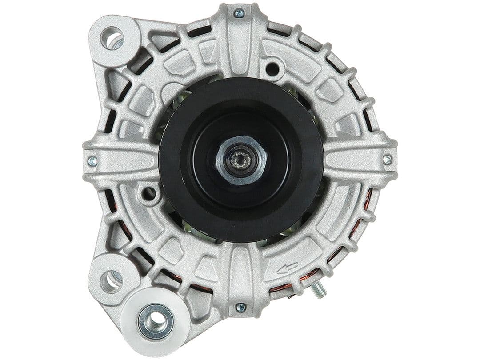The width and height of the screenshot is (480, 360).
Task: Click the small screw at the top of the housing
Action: coord(239,13)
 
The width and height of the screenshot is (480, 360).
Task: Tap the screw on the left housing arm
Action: coord(92,161)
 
